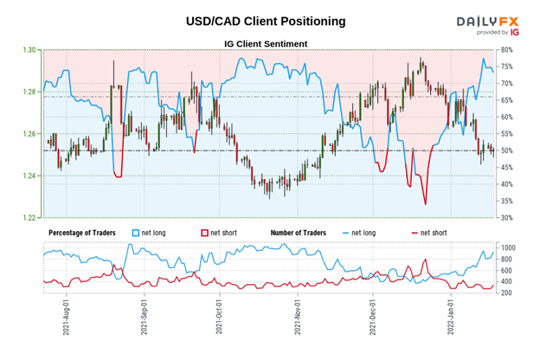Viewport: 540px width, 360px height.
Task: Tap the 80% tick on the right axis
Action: coord(509,50)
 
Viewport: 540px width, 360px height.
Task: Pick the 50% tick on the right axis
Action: coord(509,151)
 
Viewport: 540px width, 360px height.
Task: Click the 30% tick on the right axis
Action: coord(509,217)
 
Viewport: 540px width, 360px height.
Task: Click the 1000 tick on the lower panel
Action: coord(511,247)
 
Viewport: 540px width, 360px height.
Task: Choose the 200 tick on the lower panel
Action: coord(510,292)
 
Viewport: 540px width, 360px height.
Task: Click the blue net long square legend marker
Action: coord(134,234)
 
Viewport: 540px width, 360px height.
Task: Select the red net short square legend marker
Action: coord(205,234)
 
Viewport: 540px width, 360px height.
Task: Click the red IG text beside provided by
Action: coord(515,32)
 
